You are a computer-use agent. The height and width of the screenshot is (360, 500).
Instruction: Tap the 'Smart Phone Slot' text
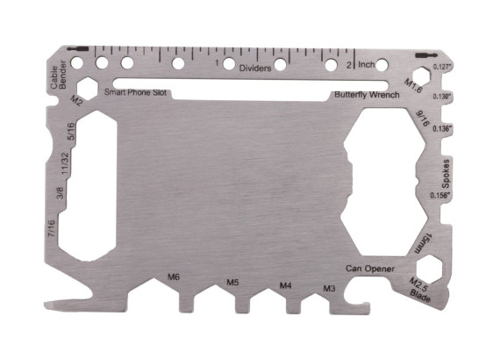(x=138, y=91)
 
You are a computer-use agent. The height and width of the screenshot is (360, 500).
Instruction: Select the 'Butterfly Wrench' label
(x=366, y=94)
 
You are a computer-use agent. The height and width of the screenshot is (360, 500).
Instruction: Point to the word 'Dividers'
(x=255, y=67)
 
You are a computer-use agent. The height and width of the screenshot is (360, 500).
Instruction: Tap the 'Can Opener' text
(x=369, y=269)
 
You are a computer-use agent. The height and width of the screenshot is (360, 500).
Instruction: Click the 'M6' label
(x=174, y=278)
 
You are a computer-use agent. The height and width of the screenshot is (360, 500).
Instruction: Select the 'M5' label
(x=232, y=283)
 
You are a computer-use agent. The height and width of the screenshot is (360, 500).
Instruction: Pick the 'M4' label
(x=286, y=285)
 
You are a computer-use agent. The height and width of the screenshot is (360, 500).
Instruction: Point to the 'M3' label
(x=329, y=288)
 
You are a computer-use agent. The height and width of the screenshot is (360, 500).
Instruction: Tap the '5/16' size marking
(x=70, y=132)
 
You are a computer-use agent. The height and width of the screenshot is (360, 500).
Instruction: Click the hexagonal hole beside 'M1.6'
(x=420, y=74)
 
